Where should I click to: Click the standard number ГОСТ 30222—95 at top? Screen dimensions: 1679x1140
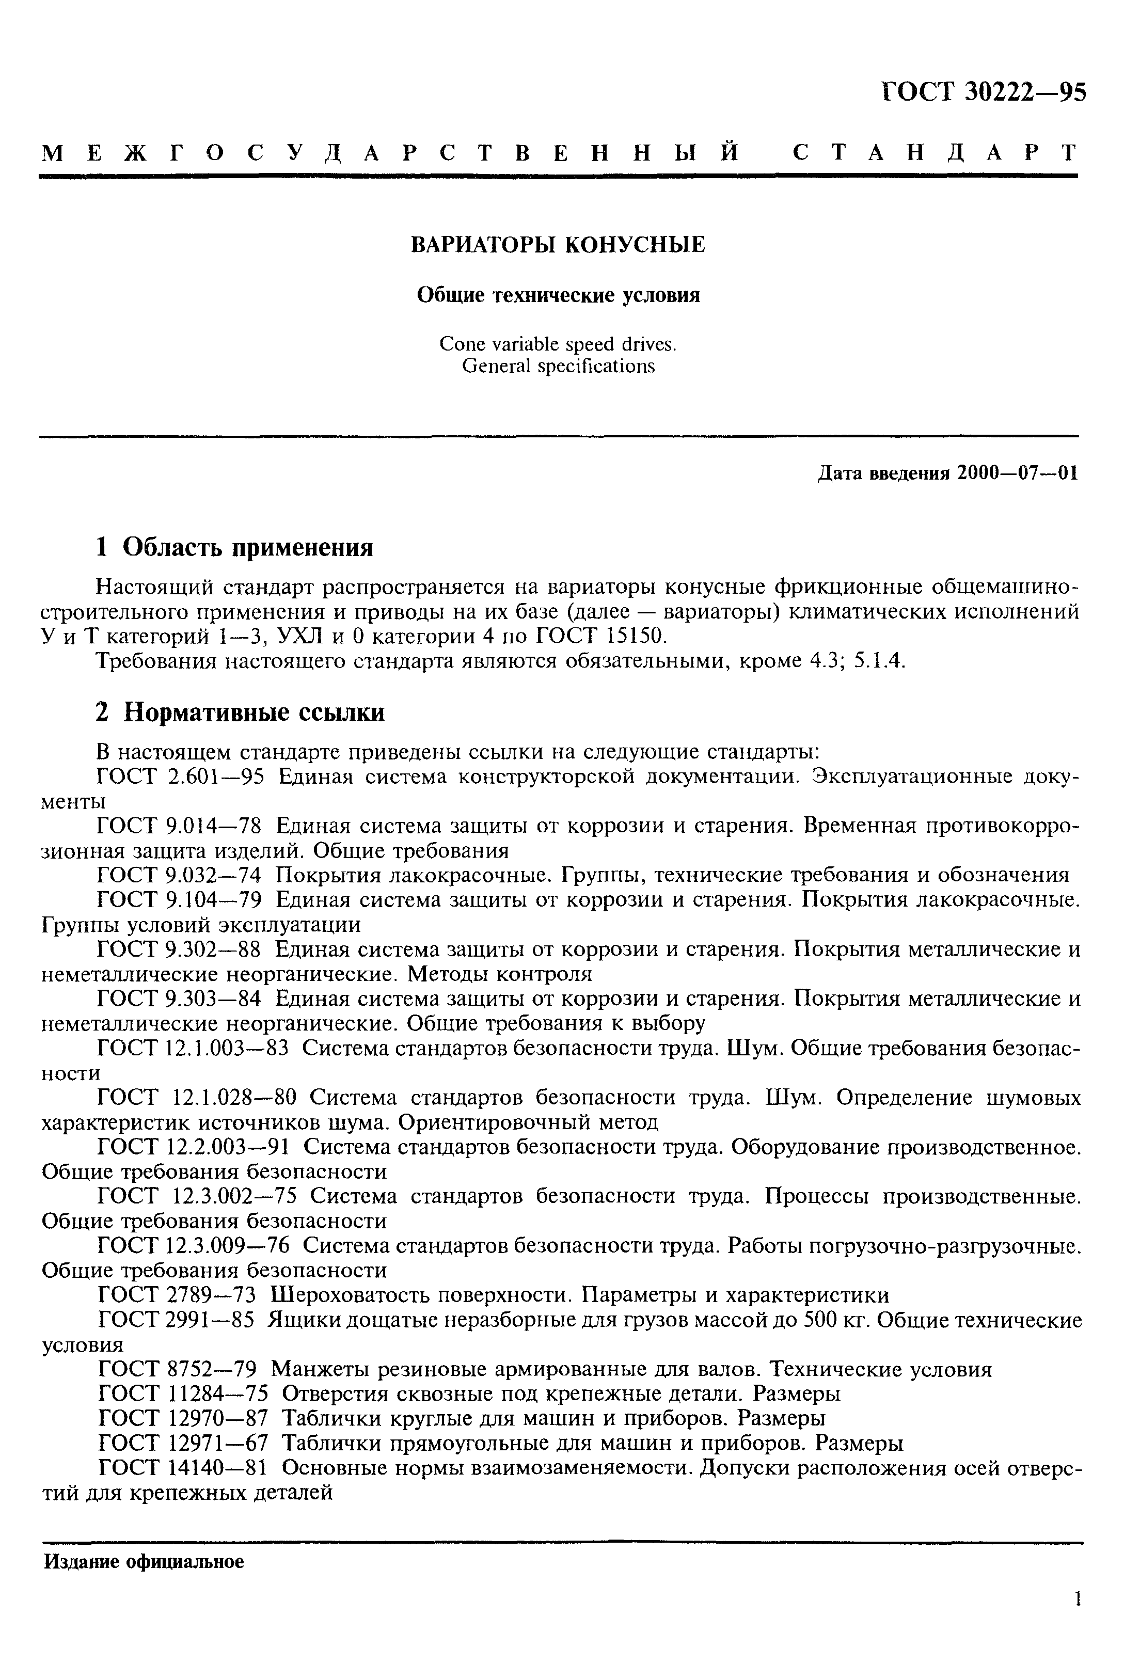click(983, 92)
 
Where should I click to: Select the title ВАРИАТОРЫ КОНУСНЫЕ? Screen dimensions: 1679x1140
click(558, 245)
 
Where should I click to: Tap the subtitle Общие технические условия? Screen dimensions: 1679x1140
click(559, 295)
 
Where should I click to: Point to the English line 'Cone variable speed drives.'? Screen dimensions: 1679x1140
click(558, 344)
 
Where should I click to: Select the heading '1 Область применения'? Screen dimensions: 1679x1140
click(235, 547)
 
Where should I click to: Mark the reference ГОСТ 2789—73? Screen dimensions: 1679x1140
click(176, 1295)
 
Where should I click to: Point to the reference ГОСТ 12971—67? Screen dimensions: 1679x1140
click(183, 1443)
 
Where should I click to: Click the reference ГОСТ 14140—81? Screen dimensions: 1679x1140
click(183, 1467)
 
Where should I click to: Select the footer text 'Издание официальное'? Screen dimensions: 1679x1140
click(144, 1562)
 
